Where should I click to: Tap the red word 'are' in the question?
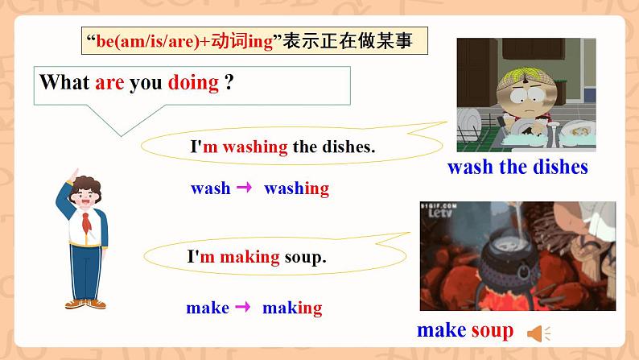109,82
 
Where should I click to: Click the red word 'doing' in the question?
193,82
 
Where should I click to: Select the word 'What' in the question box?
64,82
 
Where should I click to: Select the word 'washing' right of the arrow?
296,189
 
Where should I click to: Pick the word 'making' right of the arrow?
292,308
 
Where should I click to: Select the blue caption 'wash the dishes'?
517,168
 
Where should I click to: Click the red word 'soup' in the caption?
492,330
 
